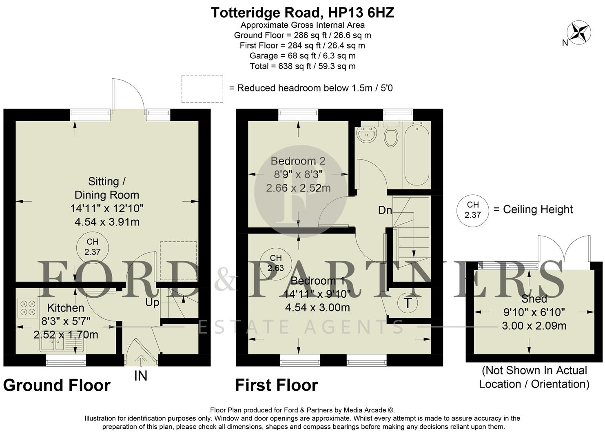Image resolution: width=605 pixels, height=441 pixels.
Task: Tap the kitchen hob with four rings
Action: [x=28, y=307]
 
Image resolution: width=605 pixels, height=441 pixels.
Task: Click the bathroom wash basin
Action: [x=366, y=134]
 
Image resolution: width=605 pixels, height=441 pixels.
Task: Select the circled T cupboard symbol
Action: [x=407, y=303]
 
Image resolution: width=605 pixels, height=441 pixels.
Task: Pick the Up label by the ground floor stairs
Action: [x=152, y=303]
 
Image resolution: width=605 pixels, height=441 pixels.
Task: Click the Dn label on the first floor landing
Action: [x=385, y=210]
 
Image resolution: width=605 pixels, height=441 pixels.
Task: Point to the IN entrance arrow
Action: [x=141, y=361]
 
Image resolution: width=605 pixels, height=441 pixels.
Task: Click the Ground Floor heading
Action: [x=57, y=385]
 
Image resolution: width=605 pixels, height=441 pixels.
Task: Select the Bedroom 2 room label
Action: [x=298, y=161]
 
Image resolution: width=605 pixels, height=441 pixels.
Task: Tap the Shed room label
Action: [x=534, y=298]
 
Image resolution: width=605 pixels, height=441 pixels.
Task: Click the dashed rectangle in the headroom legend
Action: [x=202, y=89]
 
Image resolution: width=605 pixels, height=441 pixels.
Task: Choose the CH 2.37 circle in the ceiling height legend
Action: [x=472, y=210]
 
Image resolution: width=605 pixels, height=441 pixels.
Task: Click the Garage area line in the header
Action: [x=302, y=56]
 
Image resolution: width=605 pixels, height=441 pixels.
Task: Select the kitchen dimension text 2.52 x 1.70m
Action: [x=66, y=335]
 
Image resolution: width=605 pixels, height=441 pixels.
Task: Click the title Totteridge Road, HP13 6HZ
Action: [x=302, y=13]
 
